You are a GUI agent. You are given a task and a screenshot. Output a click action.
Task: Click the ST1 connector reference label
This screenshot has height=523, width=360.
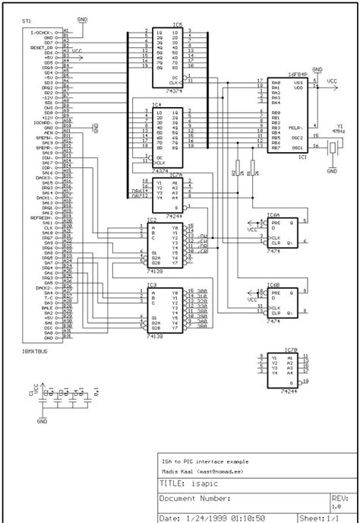coord(27,25)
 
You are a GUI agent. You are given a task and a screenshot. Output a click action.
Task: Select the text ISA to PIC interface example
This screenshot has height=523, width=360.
coord(204,461)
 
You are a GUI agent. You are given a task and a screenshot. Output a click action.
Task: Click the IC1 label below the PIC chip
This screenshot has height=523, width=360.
coord(302,157)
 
